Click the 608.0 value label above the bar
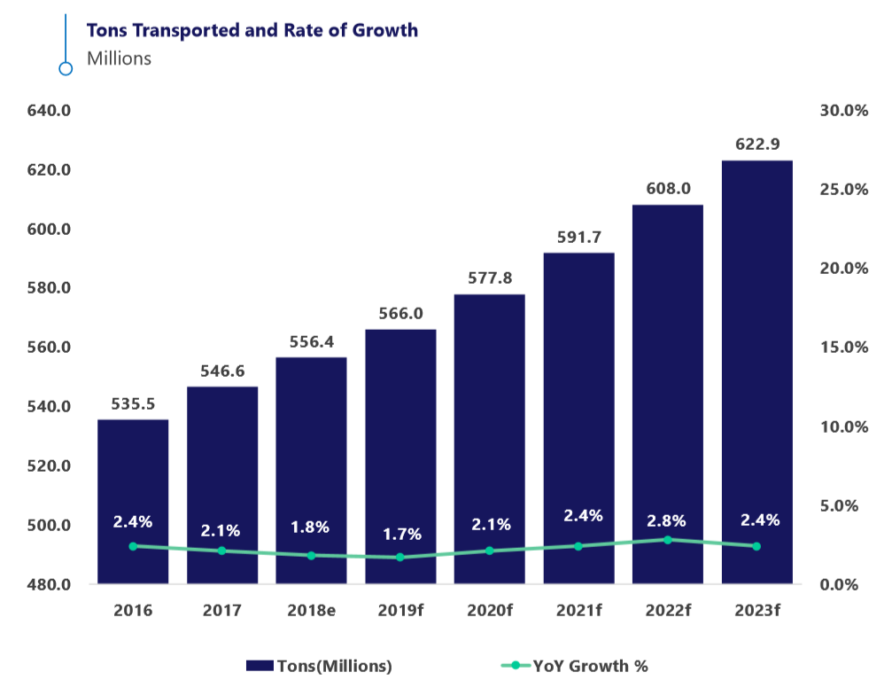pyautogui.click(x=668, y=188)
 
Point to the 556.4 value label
pyautogui.click(x=311, y=341)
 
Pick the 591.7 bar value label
pyautogui.click(x=578, y=237)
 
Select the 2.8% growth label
pyautogui.click(x=667, y=520)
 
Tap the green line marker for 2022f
pyautogui.click(x=668, y=539)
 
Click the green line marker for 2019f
pyautogui.click(x=400, y=558)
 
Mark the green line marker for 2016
pyautogui.click(x=133, y=546)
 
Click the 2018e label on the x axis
pyautogui.click(x=311, y=611)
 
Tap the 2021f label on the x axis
pyautogui.click(x=578, y=611)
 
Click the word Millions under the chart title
pyautogui.click(x=120, y=59)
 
